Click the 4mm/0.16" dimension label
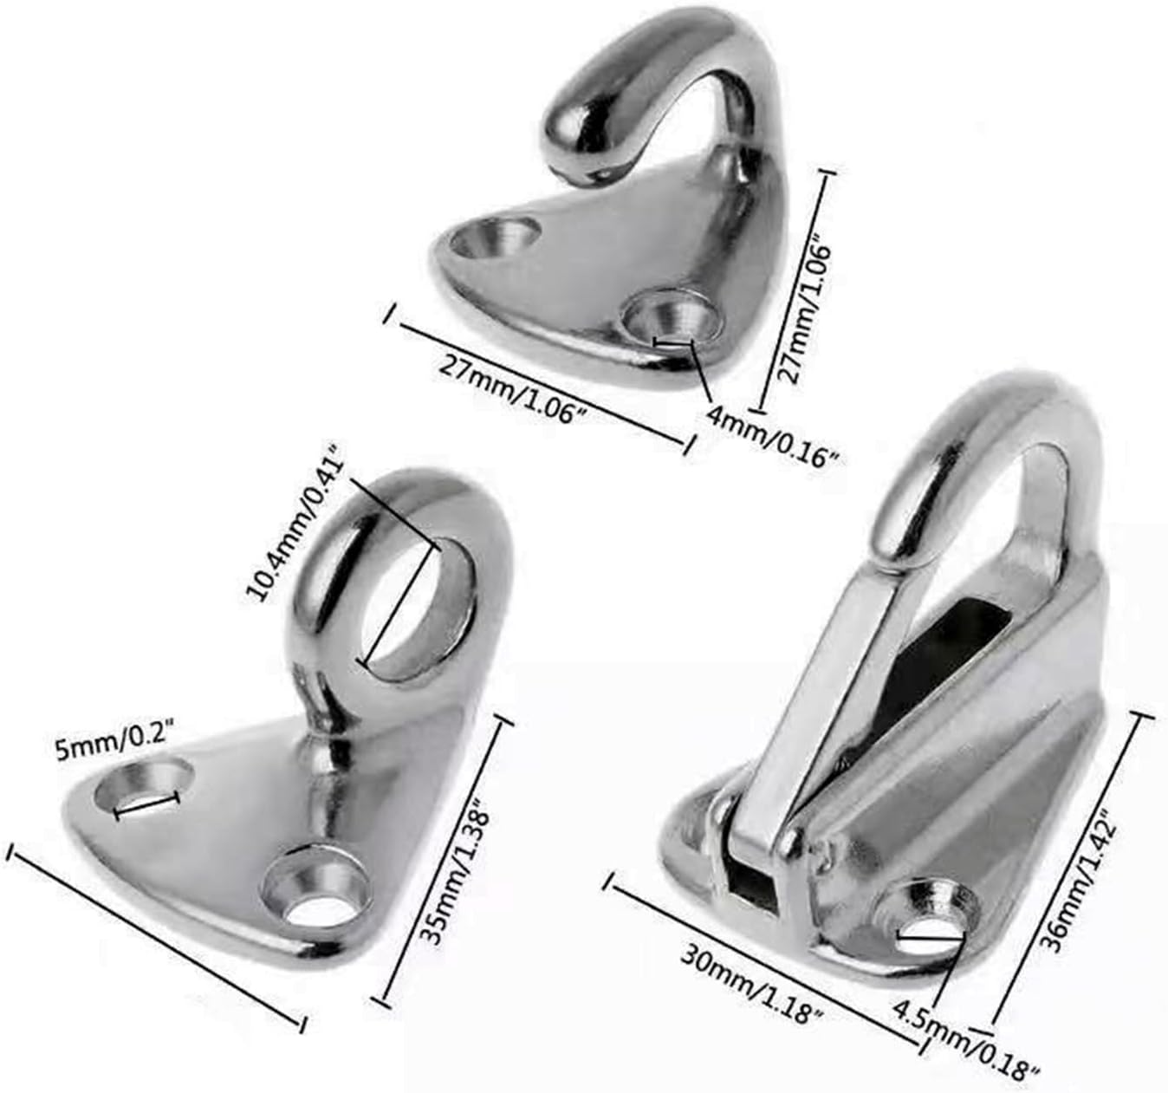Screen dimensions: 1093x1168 [771, 432]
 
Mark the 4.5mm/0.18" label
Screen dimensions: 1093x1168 [966, 1038]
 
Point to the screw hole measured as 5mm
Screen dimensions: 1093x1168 [146, 787]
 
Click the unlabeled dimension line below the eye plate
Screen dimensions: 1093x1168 [156, 937]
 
